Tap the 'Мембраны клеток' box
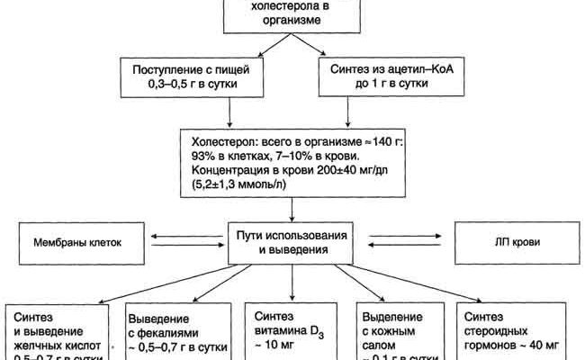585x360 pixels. click(77, 242)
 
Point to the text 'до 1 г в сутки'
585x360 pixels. click(380, 85)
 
